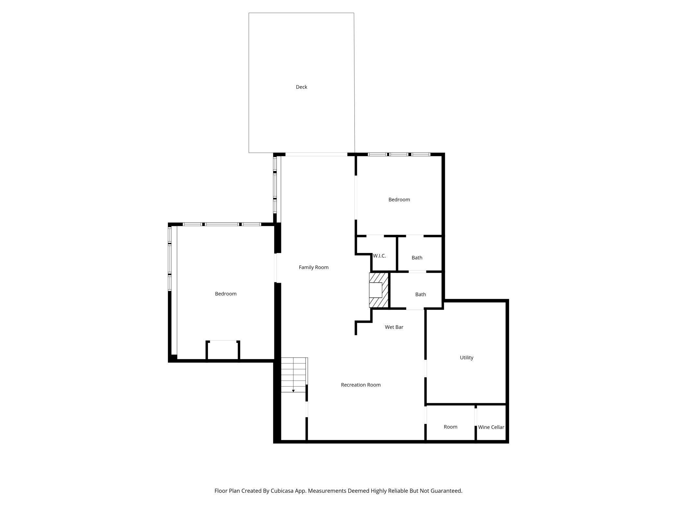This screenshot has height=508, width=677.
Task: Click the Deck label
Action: (x=301, y=87)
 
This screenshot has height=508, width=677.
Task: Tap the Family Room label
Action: (x=313, y=267)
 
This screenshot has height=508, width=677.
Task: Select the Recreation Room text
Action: (x=361, y=385)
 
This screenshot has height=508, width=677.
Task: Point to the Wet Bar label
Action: (x=394, y=327)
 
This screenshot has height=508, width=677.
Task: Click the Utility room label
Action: (x=466, y=358)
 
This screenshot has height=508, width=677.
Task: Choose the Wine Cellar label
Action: (x=491, y=427)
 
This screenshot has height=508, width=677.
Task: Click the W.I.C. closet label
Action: (x=380, y=256)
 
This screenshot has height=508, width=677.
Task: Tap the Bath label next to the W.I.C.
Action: (x=417, y=258)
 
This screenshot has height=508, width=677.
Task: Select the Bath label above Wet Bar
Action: (x=421, y=294)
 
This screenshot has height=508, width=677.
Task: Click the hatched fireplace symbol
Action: (x=379, y=290)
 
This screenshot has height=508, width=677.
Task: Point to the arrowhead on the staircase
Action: (x=293, y=391)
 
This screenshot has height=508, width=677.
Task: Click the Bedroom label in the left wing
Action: (x=226, y=294)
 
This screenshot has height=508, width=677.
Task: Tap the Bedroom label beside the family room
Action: (x=399, y=200)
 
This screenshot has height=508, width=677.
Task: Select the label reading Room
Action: (x=450, y=427)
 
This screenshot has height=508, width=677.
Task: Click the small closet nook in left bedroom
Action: (x=223, y=351)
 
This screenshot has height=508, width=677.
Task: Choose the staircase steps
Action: (x=294, y=374)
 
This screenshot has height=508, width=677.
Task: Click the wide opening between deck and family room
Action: (x=316, y=154)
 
